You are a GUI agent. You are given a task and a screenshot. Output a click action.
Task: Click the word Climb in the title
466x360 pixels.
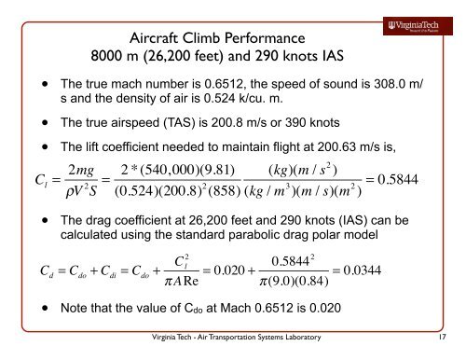pos(202,38)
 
